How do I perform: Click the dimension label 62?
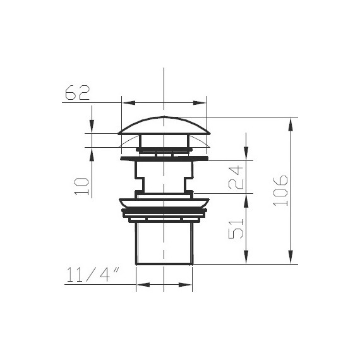click(78, 92)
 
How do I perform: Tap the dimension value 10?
click(81, 186)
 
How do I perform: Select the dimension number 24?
click(236, 177)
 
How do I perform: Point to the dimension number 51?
click(236, 229)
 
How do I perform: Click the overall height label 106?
click(280, 191)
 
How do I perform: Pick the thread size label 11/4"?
click(93, 275)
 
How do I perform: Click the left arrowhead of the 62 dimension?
click(128, 103)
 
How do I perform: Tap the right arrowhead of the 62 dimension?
click(200, 103)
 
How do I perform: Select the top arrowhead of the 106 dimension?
click(291, 124)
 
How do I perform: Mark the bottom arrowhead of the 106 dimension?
click(291, 257)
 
